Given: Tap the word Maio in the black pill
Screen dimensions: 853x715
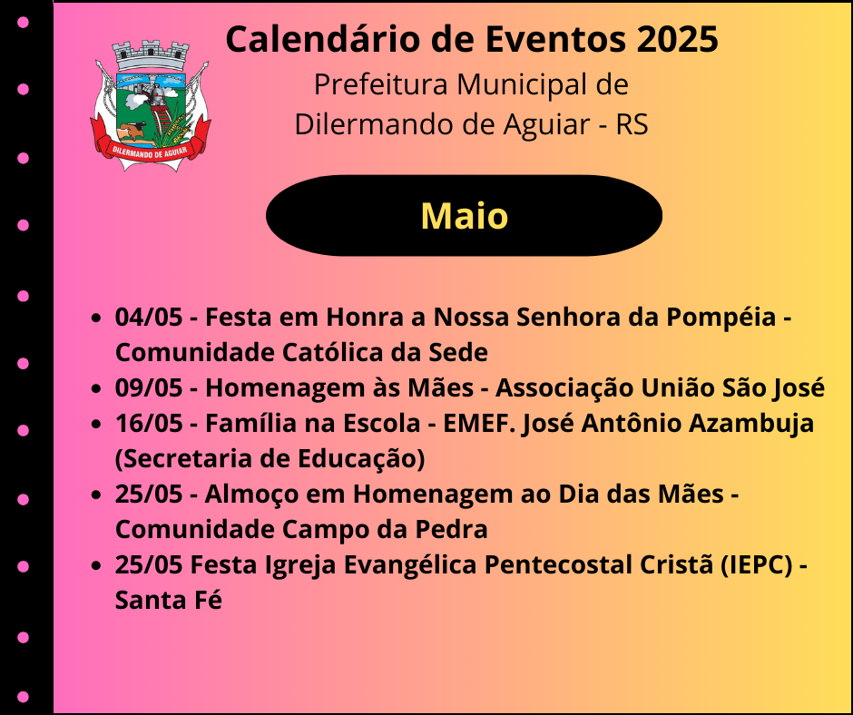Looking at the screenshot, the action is click(464, 216).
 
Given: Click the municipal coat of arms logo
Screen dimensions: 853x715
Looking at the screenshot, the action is click(151, 106).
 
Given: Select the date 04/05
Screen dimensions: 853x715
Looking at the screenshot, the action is click(149, 317).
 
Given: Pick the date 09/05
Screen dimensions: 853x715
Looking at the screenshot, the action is click(149, 387).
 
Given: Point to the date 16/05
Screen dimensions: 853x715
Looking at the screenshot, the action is click(149, 423).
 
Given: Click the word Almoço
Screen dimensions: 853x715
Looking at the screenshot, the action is click(249, 495).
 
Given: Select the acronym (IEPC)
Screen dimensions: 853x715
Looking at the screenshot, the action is click(757, 564).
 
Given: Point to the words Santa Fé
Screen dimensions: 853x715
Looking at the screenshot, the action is click(169, 600).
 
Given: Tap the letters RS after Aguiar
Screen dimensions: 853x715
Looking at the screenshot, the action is click(632, 124).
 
